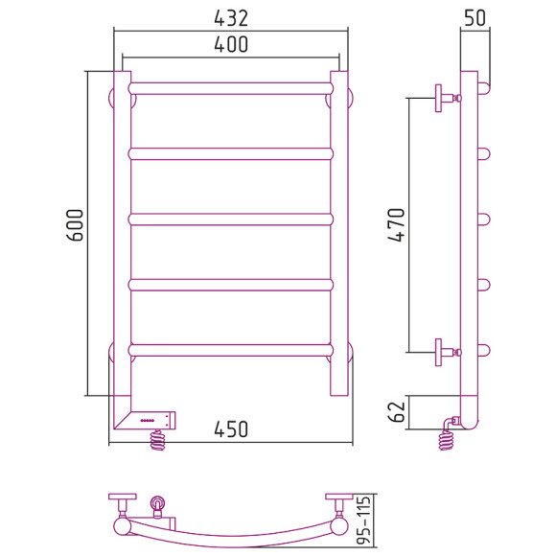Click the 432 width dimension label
coord(231,18)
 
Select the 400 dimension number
coord(231,45)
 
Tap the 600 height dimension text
coord(76,225)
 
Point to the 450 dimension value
coord(231,429)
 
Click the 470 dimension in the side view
coord(396,225)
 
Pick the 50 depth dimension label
coord(475,17)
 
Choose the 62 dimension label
coord(397,411)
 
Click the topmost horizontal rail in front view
coord(231,88)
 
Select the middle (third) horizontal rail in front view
coord(231,220)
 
